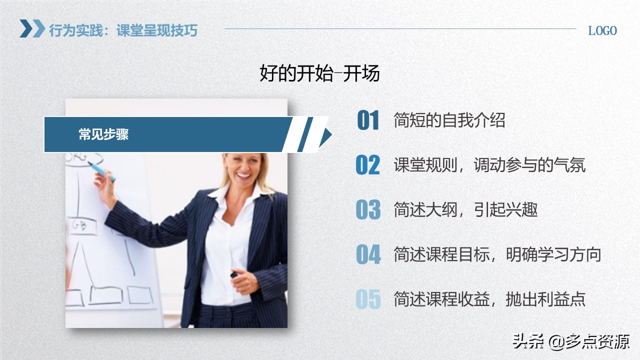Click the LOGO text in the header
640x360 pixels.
602,30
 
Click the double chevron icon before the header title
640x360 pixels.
32,28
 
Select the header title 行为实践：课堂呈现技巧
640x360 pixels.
123,30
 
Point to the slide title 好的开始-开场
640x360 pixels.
320,73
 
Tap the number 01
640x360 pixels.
368,120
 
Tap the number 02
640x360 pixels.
368,165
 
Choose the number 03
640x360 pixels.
368,209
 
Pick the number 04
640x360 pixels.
368,254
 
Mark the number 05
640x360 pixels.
368,299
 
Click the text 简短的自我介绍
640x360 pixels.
449,120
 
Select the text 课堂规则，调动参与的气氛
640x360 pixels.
489,165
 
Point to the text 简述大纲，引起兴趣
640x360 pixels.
465,209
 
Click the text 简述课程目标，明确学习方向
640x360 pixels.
497,254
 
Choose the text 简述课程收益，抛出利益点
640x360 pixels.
489,299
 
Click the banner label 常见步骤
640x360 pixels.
103,134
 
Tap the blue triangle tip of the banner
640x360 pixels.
325,135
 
